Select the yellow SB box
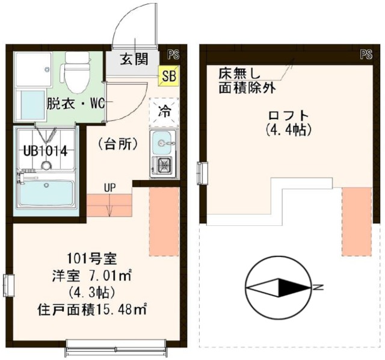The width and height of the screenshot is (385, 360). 168,76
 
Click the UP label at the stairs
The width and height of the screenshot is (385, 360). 109,187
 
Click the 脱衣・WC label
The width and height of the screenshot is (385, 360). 76,103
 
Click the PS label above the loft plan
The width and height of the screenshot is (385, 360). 366,55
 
